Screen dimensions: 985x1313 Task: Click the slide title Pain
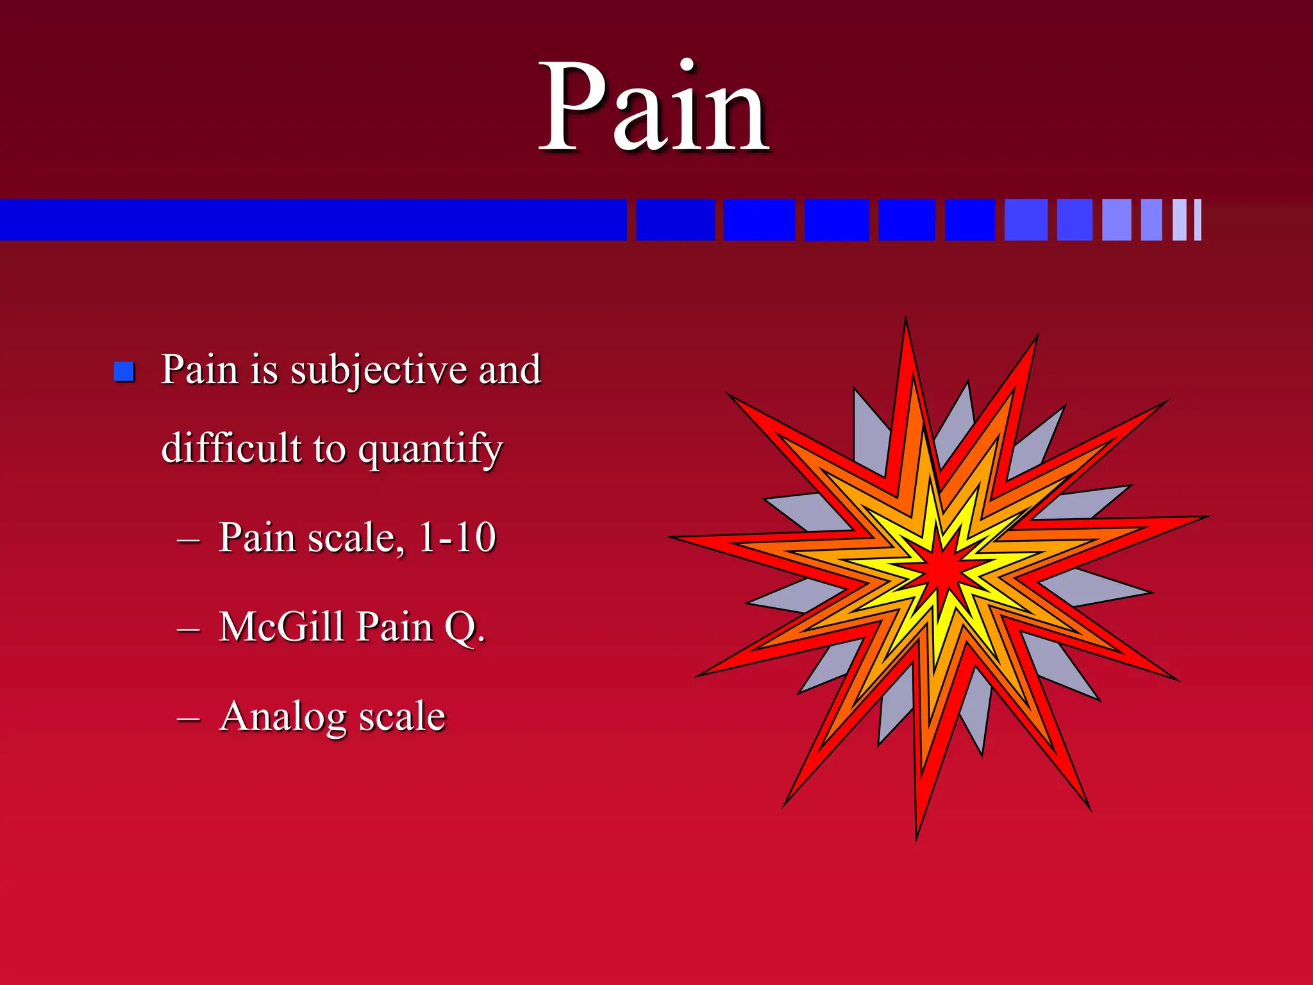click(x=654, y=109)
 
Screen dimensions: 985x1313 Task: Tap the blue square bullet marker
click(x=124, y=371)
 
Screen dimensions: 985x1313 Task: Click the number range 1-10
click(x=457, y=537)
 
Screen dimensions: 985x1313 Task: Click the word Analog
click(x=283, y=717)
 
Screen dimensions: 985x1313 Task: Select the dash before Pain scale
click(x=188, y=541)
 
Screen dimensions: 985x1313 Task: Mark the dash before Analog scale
click(x=188, y=720)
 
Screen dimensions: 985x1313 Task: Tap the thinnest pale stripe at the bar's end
click(x=1198, y=220)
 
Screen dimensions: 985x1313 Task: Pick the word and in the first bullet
click(x=510, y=371)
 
